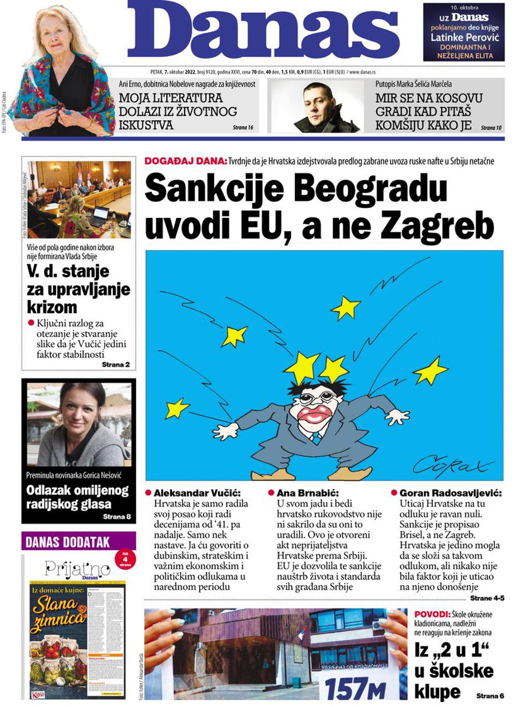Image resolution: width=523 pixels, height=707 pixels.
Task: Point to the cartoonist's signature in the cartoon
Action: coord(453,463)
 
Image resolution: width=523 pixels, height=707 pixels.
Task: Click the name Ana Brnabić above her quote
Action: coord(308,493)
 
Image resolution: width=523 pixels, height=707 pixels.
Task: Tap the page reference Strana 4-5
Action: coord(487,599)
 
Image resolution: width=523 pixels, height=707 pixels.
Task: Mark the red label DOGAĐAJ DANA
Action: coord(185,161)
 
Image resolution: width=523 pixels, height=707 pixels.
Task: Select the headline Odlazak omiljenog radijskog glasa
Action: coord(77,497)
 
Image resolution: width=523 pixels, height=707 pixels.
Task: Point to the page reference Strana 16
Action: coord(243,127)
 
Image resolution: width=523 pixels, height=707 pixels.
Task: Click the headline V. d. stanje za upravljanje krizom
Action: coord(78,289)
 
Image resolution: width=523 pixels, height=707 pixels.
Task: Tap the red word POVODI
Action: coord(432,614)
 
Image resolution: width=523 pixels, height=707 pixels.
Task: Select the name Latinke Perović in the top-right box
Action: coord(463,38)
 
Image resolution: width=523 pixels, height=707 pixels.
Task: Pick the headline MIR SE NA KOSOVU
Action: coord(428,98)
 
